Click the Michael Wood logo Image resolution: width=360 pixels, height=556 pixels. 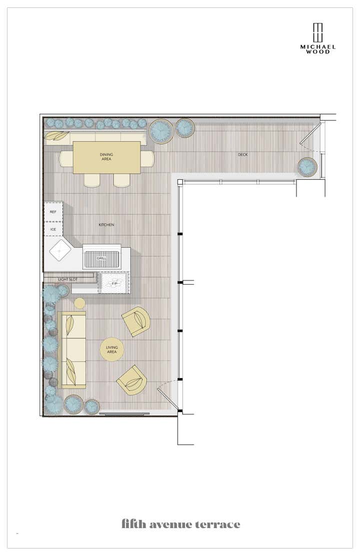point(318,38)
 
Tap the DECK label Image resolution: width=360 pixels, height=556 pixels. point(243,154)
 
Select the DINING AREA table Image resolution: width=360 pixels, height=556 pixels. point(106,157)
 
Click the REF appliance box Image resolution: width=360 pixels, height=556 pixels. point(53,212)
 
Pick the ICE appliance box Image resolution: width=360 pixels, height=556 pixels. point(53,229)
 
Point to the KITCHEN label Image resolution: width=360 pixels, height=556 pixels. point(106,225)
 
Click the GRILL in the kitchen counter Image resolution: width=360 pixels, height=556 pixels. point(102,257)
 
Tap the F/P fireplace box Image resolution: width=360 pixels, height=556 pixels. point(114,283)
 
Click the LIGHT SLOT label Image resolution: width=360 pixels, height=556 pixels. point(68,279)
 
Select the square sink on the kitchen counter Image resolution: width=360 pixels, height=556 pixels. point(59,250)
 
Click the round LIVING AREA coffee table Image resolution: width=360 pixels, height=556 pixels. point(112,349)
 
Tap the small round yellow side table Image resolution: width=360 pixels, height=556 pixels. point(79,303)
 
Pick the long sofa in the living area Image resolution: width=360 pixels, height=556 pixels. point(71,350)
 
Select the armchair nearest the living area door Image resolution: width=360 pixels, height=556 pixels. point(131,381)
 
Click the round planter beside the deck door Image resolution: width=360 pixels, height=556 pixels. point(307,167)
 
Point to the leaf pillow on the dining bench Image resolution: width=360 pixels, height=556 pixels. point(57,136)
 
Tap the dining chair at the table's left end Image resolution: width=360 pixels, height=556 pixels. point(66,158)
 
